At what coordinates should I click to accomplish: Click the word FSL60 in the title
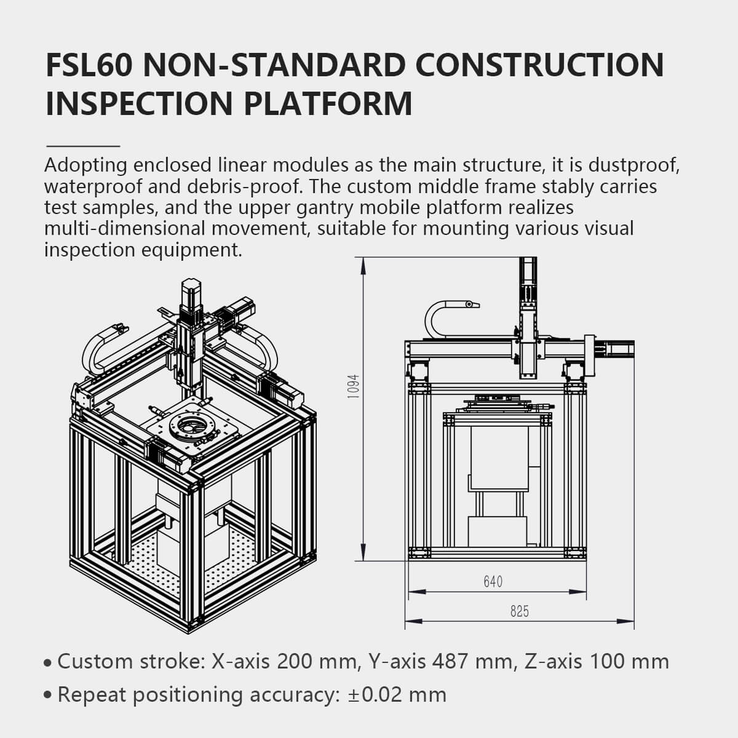(x=88, y=65)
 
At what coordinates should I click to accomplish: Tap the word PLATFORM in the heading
(x=328, y=103)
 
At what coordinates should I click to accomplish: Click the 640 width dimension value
(x=493, y=581)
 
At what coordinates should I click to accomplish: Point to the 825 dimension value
(x=519, y=611)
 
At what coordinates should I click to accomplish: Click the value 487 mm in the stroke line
(x=466, y=662)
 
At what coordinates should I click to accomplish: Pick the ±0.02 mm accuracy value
(x=397, y=695)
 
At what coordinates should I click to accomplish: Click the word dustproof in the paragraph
(x=633, y=165)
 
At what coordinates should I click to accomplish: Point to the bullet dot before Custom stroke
(x=48, y=664)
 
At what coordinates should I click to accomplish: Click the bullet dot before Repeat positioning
(x=48, y=696)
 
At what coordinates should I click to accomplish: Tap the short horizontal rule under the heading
(x=83, y=146)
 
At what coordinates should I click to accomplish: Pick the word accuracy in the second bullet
(x=293, y=695)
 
